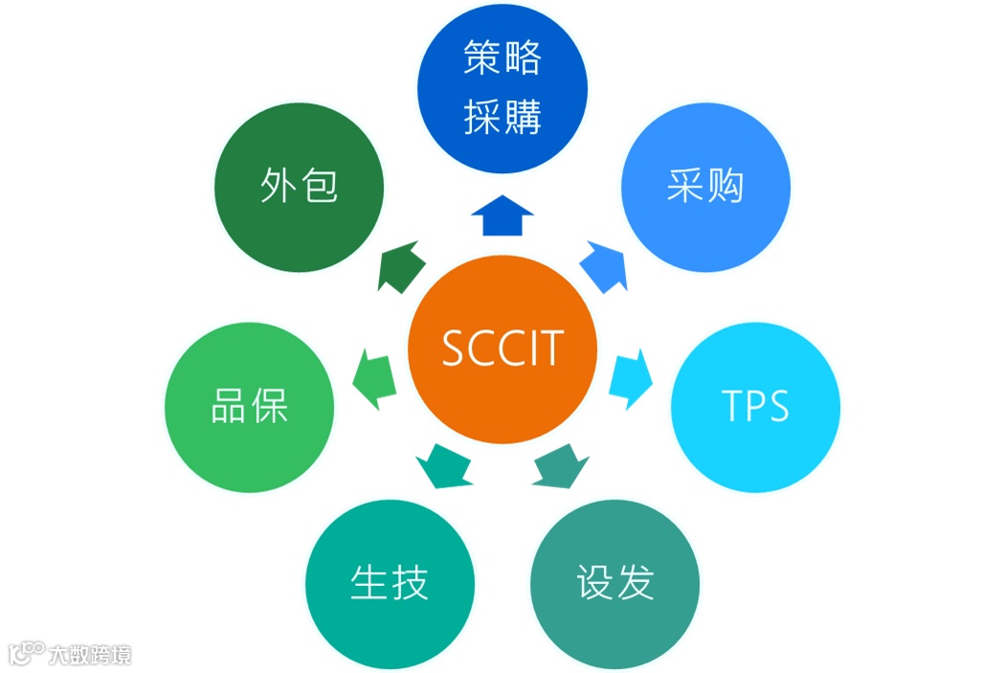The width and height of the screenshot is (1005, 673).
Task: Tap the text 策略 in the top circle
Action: [502, 58]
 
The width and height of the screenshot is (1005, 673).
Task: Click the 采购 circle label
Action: [705, 187]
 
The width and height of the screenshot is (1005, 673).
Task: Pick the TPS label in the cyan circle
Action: [755, 406]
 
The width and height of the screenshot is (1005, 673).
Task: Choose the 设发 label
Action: [614, 583]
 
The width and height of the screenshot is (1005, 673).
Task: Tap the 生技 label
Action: [389, 583]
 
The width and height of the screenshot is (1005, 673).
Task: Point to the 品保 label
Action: [249, 407]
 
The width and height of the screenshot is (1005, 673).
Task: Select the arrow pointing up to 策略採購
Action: [502, 216]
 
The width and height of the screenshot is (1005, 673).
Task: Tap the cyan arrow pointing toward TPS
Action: [631, 375]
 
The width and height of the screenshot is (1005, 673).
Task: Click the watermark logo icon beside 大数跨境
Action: [26, 653]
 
